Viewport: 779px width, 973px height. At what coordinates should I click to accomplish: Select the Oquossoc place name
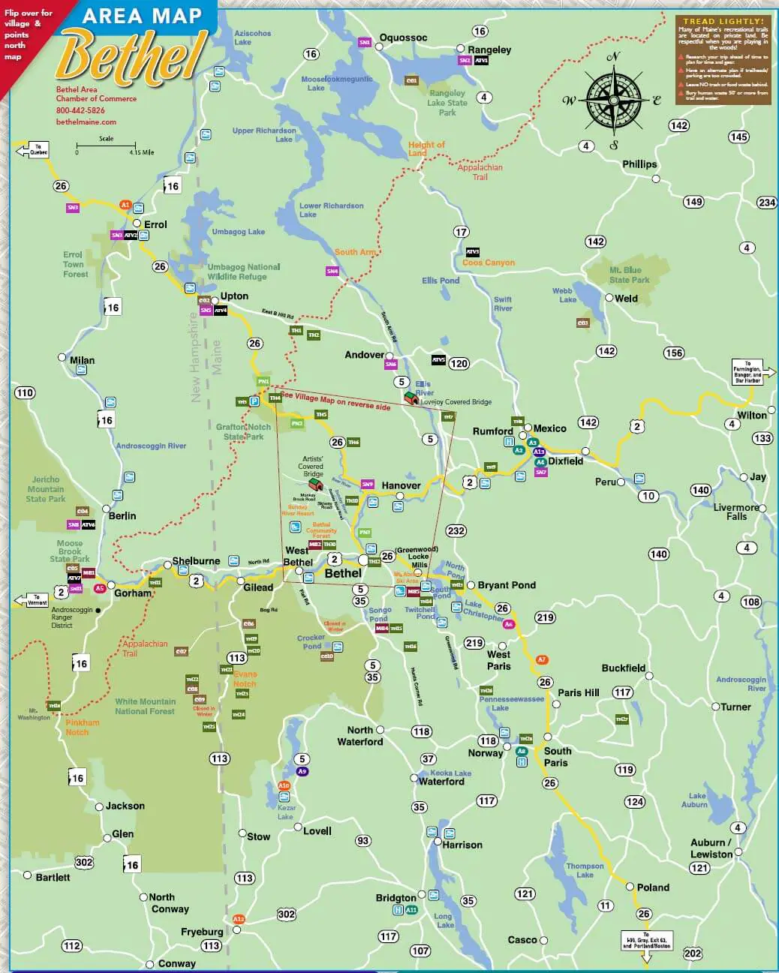[403, 38]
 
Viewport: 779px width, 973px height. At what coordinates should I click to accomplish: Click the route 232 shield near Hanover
[456, 530]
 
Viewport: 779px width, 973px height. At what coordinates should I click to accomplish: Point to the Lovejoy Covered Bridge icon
[411, 398]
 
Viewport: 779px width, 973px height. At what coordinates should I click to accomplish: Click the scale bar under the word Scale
[106, 145]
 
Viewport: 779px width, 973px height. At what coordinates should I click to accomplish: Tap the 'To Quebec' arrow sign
[32, 150]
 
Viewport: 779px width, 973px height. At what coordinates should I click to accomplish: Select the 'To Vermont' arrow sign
[32, 600]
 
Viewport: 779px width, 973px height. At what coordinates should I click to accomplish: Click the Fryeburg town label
[202, 932]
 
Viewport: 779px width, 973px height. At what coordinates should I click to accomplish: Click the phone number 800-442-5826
[80, 110]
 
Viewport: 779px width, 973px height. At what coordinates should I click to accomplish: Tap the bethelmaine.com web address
[86, 122]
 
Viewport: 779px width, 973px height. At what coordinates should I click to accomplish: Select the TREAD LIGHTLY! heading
[723, 22]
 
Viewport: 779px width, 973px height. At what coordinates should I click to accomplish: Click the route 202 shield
[692, 953]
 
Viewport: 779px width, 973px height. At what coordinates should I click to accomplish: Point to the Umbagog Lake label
[238, 232]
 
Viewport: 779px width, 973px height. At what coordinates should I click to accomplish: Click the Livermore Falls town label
[735, 512]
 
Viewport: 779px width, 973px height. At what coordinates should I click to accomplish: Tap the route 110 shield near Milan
[25, 392]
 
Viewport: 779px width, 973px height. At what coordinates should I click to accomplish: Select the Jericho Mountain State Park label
[46, 489]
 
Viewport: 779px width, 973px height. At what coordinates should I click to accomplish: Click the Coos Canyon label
[489, 263]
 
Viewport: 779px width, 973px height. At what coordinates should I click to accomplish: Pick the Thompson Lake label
[585, 870]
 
